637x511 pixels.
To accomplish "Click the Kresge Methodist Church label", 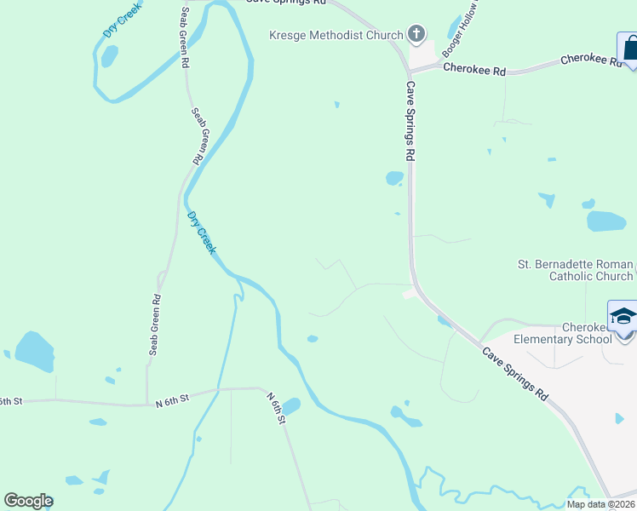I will [x=336, y=35].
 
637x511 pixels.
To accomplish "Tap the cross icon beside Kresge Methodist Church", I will [x=416, y=34].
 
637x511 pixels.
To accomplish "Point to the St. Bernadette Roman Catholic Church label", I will [x=576, y=270].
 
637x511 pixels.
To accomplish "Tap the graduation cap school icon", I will [x=623, y=315].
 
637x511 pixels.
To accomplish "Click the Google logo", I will [x=28, y=501].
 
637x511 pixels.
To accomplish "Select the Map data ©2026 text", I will [x=600, y=504].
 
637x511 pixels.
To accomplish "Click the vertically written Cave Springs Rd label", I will [x=410, y=121].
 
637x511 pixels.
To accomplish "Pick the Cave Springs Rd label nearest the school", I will [x=514, y=374].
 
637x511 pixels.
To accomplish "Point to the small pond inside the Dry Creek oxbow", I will [x=109, y=56].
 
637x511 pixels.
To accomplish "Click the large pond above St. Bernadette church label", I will [x=606, y=221].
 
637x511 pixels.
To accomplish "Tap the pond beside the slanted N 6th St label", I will [x=291, y=406].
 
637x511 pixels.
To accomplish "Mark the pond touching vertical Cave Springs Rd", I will [x=394, y=178].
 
